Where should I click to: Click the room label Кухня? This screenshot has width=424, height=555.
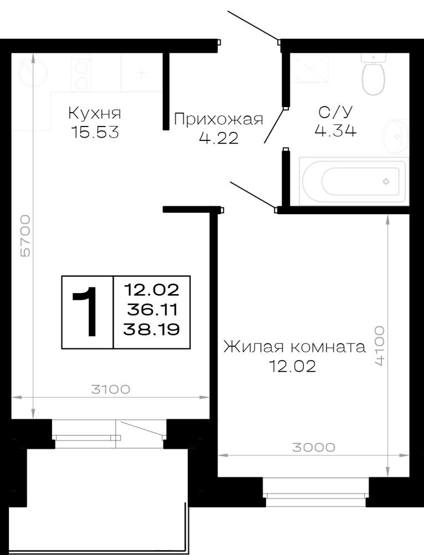point(94,114)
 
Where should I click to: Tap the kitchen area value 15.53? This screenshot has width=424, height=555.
point(95,133)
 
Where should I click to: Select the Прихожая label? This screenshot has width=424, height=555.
point(219,120)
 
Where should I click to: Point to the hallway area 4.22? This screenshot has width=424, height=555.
point(219,138)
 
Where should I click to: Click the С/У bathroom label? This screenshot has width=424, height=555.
point(335,112)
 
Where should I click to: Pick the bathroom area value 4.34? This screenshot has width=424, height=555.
point(335,130)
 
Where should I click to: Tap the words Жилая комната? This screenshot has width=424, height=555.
point(294,347)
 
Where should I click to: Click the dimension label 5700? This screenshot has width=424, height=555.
point(25,236)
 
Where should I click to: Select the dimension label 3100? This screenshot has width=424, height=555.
point(111,390)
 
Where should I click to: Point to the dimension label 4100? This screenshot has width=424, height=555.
point(379,346)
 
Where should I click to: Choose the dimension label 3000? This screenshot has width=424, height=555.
point(314,447)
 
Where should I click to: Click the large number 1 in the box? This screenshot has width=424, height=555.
point(86,311)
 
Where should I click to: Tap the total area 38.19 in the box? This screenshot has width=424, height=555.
point(151,330)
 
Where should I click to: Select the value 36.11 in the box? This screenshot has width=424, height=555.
point(152,310)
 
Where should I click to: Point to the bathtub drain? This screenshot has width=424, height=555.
point(386,181)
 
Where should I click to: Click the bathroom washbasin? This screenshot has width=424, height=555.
point(396,136)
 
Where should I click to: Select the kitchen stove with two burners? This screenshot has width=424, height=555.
point(81,74)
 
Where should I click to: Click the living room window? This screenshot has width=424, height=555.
point(316,492)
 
